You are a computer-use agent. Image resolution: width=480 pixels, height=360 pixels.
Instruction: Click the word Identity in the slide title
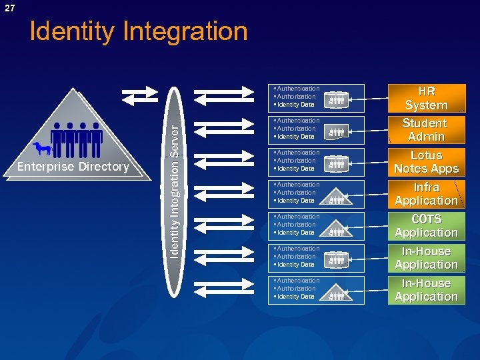[73, 31]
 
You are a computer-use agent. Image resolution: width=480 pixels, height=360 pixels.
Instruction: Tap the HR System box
[426, 98]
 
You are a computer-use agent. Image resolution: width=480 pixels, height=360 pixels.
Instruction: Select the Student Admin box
[425, 130]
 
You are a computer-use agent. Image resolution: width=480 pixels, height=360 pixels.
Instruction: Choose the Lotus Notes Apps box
[426, 162]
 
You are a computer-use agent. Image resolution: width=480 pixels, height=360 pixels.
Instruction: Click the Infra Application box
[426, 194]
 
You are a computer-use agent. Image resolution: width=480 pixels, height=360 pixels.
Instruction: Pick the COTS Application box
[426, 226]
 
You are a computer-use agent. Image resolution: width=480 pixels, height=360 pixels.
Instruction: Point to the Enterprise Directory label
[73, 167]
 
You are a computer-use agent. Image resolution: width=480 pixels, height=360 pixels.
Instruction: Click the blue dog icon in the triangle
[43, 149]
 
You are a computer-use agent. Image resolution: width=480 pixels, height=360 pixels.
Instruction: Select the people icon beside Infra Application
[337, 198]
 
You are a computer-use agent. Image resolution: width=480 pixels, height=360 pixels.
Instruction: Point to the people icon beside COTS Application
[337, 231]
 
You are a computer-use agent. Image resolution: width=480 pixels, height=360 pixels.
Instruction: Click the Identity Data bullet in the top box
[295, 105]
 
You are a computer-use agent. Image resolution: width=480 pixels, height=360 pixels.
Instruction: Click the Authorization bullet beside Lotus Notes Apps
[296, 161]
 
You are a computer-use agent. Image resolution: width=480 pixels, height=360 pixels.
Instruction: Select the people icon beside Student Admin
[337, 133]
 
